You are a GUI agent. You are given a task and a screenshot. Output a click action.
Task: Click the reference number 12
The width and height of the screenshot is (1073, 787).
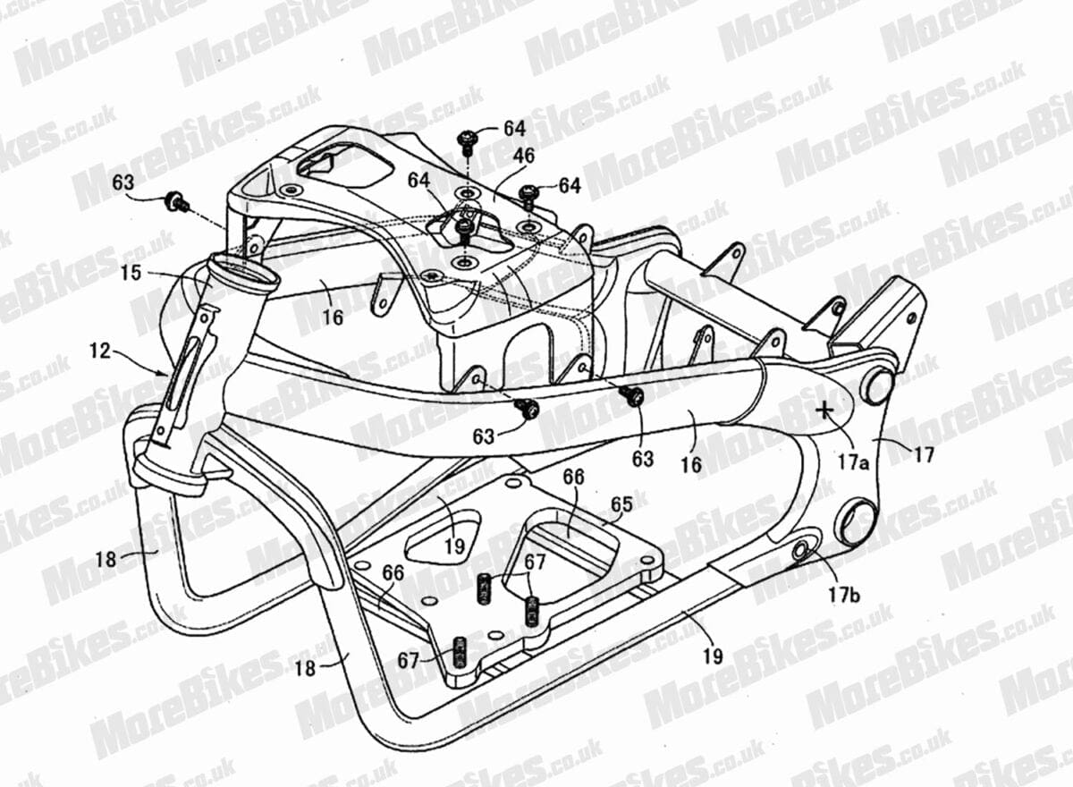(x=100, y=351)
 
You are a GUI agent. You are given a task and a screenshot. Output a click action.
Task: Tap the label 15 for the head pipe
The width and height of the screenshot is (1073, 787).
(x=131, y=273)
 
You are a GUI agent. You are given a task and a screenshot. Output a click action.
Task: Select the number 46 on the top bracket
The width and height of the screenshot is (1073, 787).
(x=524, y=157)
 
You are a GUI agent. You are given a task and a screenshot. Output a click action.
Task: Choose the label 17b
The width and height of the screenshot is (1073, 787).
(x=845, y=595)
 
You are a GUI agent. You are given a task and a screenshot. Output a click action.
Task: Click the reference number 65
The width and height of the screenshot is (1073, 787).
(x=621, y=504)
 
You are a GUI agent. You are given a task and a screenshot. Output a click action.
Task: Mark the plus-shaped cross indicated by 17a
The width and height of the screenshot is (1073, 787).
(x=824, y=410)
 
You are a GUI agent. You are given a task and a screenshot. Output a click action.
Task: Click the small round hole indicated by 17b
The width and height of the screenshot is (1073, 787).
(x=799, y=551)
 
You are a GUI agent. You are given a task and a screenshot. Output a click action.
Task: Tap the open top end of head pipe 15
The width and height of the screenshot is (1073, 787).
(x=245, y=272)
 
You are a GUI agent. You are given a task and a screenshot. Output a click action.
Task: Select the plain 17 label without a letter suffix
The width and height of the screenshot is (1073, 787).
(x=924, y=455)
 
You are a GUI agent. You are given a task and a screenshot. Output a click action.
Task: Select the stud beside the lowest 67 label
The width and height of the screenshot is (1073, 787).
(x=460, y=654)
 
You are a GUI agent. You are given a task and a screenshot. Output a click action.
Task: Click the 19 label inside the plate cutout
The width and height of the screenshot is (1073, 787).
(x=454, y=546)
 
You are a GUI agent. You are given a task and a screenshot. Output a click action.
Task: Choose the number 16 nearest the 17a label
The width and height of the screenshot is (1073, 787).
(x=692, y=465)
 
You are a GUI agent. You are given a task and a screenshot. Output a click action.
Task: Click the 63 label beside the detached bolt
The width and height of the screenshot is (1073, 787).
(x=123, y=182)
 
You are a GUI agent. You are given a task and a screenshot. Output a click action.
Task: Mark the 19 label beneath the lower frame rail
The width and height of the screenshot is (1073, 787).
(x=713, y=656)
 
